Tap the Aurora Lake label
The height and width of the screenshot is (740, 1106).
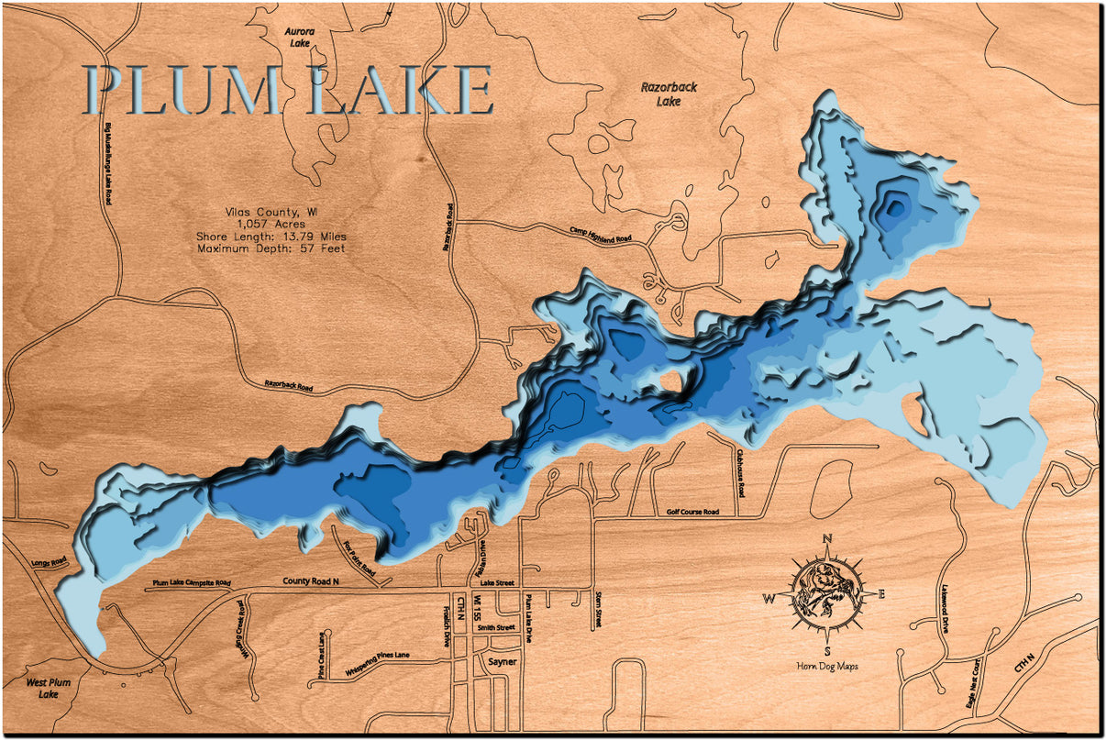point(300,38)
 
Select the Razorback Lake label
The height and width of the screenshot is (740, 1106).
point(669,94)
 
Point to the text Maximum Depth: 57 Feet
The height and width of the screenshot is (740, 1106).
point(271,249)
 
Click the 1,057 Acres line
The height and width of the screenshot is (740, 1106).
point(271,223)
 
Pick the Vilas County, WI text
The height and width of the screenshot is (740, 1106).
point(271,210)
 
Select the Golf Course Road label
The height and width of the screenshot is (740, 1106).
point(692,513)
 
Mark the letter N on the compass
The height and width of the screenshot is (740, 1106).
point(827,539)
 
